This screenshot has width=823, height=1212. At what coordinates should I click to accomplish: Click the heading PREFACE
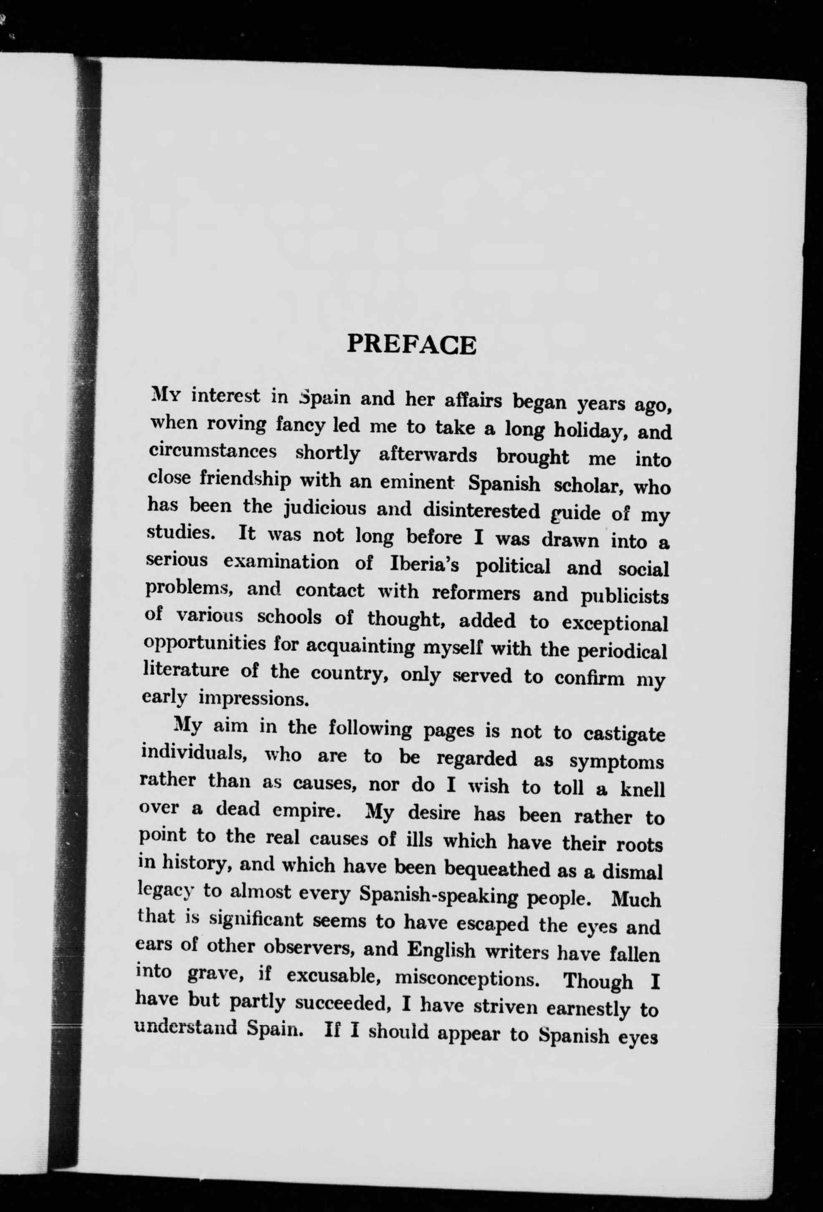pos(411,345)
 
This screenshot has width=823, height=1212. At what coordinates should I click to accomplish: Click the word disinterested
pos(481,511)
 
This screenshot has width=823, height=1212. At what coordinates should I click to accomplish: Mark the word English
pos(441,950)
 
